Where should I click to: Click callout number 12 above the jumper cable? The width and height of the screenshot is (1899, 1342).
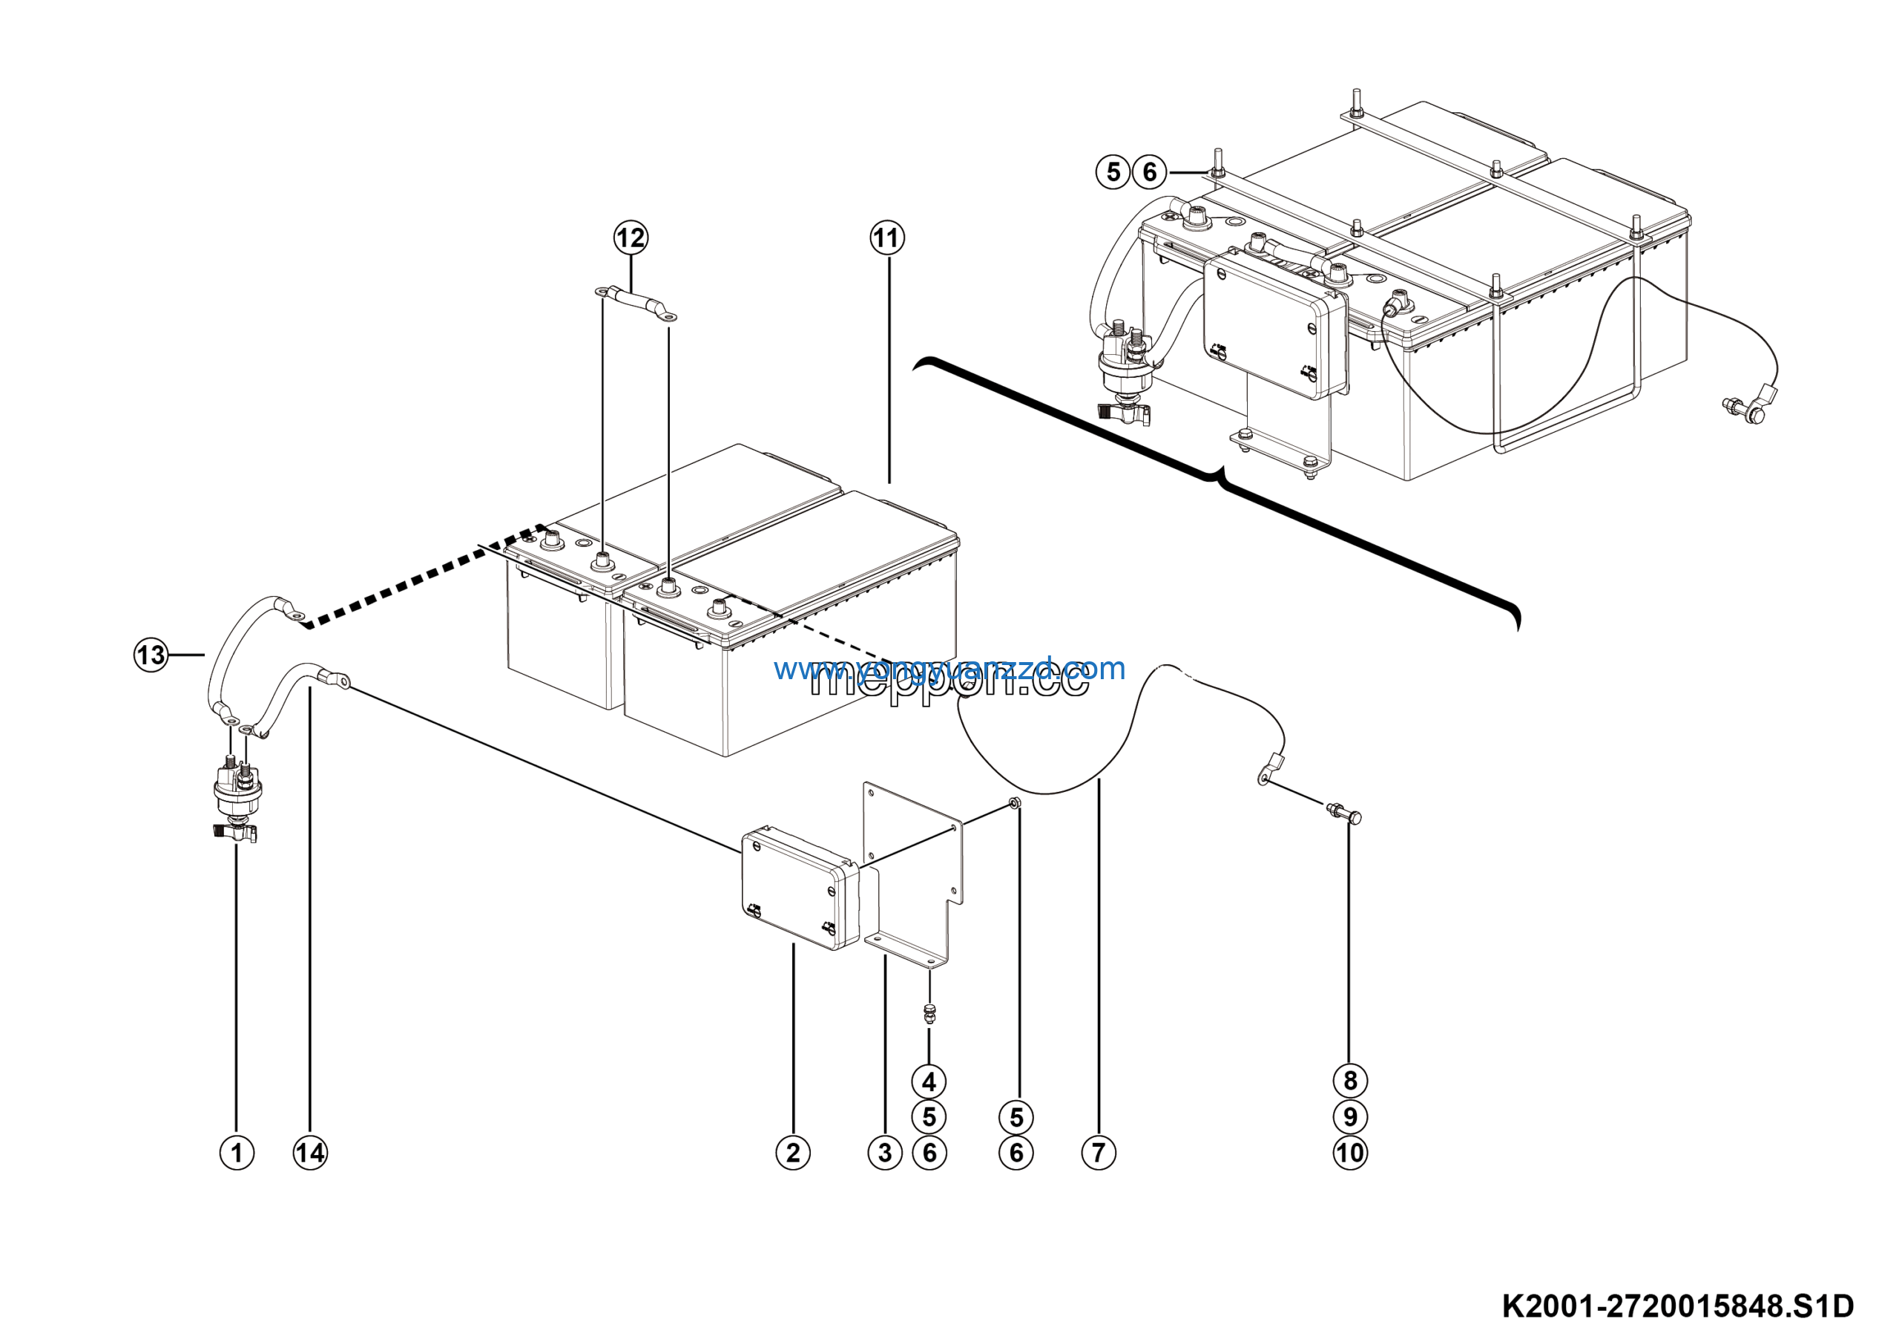pos(631,238)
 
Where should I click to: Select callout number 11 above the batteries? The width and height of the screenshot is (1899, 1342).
pos(887,238)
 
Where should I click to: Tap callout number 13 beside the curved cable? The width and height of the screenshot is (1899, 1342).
pos(151,655)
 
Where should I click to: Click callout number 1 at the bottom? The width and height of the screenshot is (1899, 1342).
pos(237,1153)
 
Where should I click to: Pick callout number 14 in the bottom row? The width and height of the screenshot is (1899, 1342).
pos(310,1153)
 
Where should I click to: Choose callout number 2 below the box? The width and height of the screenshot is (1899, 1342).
pos(792,1153)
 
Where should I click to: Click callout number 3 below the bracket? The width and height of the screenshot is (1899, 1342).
pos(885,1153)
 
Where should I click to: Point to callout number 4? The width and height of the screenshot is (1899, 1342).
pos(929,1081)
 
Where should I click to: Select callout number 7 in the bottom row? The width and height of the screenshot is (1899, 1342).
pos(1099,1153)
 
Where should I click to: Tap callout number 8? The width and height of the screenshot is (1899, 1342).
pos(1350,1081)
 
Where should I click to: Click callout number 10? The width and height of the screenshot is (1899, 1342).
pos(1350,1153)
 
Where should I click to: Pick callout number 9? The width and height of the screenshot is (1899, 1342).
pos(1350,1117)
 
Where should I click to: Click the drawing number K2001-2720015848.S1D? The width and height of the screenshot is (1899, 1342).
pos(1678,1306)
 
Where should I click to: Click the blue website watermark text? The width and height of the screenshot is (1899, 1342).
pos(949,668)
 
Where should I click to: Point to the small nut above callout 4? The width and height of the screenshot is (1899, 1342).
pos(929,1012)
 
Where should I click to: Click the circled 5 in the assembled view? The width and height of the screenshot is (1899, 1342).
pos(1113,172)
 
